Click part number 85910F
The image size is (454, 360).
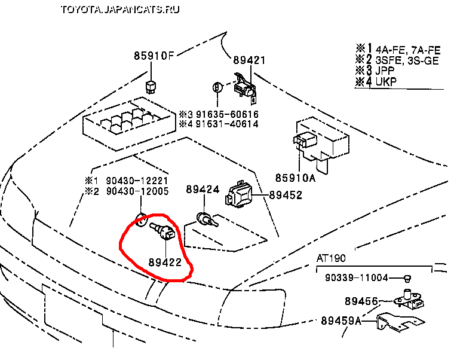153,57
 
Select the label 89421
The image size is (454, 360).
249,60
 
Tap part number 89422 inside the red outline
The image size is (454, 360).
165,261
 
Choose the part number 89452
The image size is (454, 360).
286,195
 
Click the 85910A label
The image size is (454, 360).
295,178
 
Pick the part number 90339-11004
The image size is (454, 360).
357,278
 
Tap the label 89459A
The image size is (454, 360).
341,321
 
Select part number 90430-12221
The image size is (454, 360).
137,181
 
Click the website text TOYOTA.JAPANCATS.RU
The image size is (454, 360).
120,10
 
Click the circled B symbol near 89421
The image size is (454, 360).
217,88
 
